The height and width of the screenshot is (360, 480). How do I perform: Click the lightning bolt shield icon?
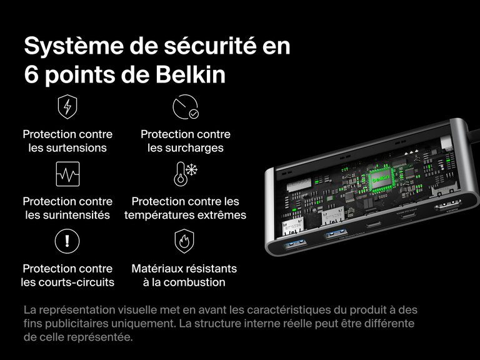[x=67, y=107]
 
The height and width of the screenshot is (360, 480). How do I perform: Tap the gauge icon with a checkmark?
[x=185, y=107]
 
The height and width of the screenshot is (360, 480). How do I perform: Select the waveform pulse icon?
[x=67, y=174]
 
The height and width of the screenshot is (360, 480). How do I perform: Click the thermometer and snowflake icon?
[x=184, y=174]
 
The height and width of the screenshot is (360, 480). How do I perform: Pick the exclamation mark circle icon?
[x=67, y=241]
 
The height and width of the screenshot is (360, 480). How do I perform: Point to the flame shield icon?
[x=184, y=241]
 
